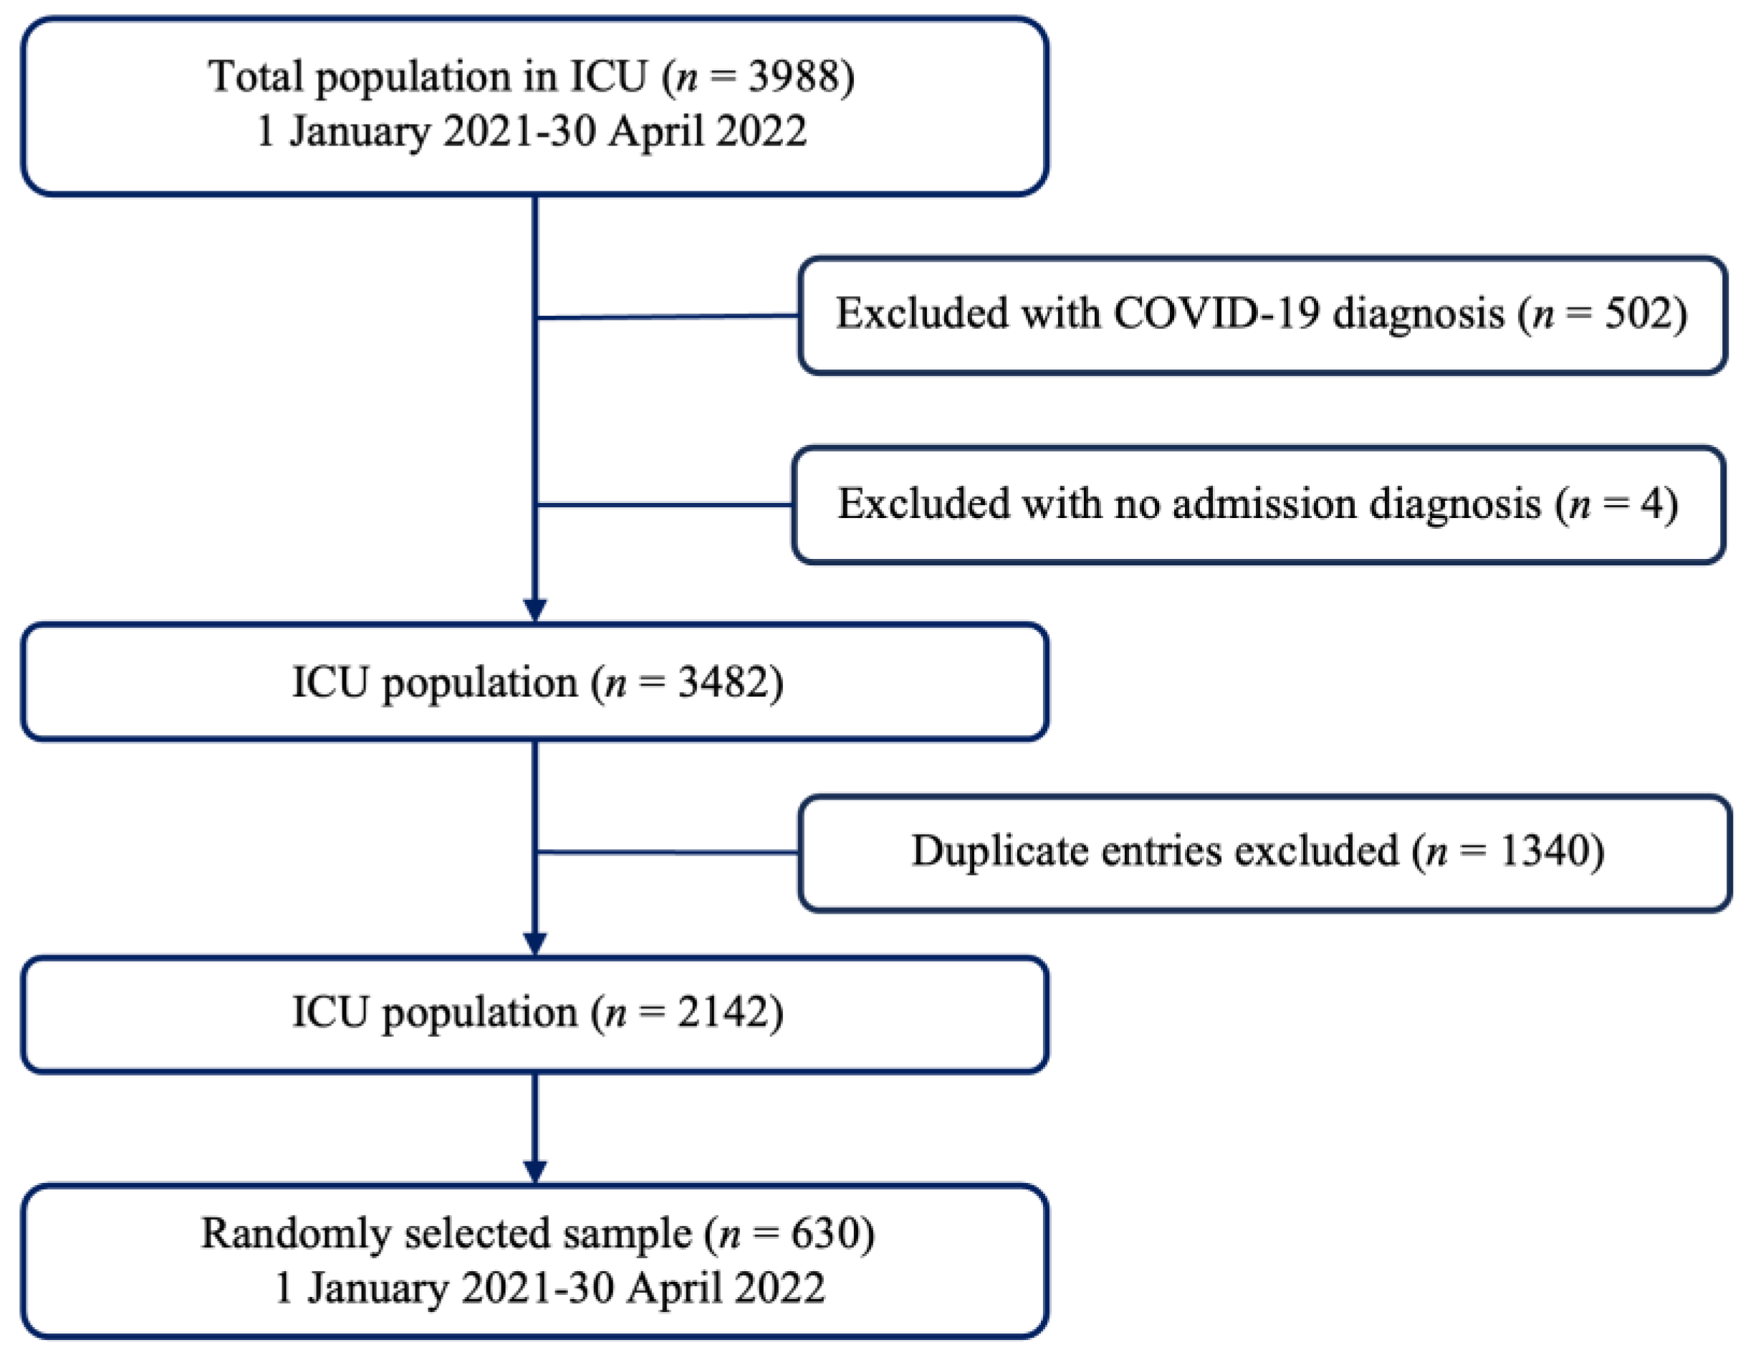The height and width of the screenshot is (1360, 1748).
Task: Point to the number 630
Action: coord(824,1233)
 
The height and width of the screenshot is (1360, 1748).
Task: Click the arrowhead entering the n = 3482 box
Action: coord(534,610)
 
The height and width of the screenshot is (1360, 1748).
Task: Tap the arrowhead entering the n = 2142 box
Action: coord(534,943)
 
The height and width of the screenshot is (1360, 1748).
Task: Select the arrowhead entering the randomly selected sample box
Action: coord(534,1170)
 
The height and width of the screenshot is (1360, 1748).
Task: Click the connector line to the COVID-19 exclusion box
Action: coord(668,317)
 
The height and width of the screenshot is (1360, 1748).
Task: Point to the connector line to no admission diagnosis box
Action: coord(664,505)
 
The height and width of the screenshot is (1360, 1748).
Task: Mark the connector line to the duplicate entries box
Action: coord(668,852)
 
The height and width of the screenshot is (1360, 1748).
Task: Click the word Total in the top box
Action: coord(257,77)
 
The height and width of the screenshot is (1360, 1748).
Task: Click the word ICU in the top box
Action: coord(609,77)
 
